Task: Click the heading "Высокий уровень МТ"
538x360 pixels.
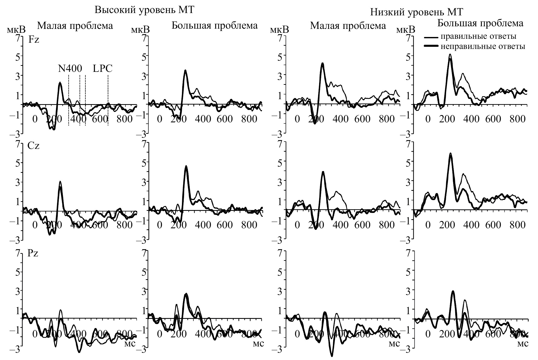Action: (x=144, y=10)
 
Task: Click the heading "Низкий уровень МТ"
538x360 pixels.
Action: (x=417, y=12)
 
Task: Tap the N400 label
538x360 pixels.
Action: (x=70, y=69)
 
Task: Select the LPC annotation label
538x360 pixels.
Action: (x=103, y=69)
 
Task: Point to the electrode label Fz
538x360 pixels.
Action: (x=34, y=40)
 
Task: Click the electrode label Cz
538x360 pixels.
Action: (x=33, y=146)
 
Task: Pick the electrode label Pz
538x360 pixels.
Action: (x=33, y=253)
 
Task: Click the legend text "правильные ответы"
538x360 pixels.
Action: (x=478, y=36)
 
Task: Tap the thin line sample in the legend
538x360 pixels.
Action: (x=431, y=37)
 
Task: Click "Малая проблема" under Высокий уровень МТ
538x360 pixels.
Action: (x=75, y=26)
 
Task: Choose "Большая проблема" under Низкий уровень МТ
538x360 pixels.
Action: (x=480, y=23)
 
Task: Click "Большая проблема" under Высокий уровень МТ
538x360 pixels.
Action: (x=214, y=26)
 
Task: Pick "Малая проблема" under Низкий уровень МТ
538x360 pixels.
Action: (x=348, y=26)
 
